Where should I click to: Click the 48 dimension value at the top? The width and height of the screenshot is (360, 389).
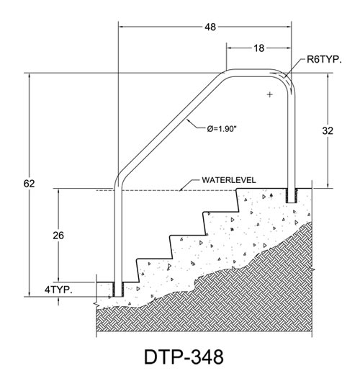pyautogui.click(x=210, y=27)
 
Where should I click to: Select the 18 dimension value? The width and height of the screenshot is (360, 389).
pyautogui.click(x=259, y=48)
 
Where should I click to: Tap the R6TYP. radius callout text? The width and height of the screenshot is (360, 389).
pyautogui.click(x=324, y=60)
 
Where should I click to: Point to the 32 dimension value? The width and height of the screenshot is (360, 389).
pyautogui.click(x=328, y=130)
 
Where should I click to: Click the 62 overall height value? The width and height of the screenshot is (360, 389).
pyautogui.click(x=29, y=184)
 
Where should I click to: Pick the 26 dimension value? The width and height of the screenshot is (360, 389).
pyautogui.click(x=58, y=236)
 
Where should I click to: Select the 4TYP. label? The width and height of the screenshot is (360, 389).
pyautogui.click(x=58, y=290)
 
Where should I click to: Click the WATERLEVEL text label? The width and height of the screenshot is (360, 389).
pyautogui.click(x=228, y=180)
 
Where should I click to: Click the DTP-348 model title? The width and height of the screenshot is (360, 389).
pyautogui.click(x=184, y=357)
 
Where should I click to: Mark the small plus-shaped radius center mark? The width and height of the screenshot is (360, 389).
pyautogui.click(x=270, y=94)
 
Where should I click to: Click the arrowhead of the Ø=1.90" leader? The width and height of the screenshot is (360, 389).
pyautogui.click(x=188, y=121)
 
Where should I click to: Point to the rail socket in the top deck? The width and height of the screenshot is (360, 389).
pyautogui.click(x=292, y=195)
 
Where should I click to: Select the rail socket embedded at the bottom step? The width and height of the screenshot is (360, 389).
pyautogui.click(x=118, y=290)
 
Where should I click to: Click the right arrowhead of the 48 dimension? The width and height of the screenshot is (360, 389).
pyautogui.click(x=288, y=27)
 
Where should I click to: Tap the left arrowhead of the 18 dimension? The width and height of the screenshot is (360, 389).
pyautogui.click(x=230, y=48)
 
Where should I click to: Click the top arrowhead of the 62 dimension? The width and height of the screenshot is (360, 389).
pyautogui.click(x=30, y=76)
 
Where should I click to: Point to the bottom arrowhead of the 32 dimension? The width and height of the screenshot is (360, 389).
pyautogui.click(x=328, y=185)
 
